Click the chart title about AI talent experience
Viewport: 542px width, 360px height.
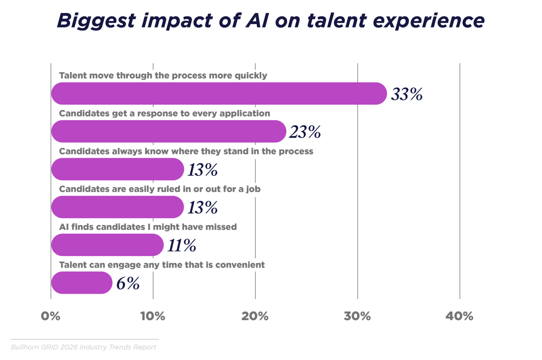[271, 20]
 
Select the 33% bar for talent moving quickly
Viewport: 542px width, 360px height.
[219, 93]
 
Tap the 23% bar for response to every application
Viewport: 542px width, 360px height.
[169, 131]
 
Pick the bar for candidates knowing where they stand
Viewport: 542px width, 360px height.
[117, 169]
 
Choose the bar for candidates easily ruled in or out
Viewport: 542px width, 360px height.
[117, 207]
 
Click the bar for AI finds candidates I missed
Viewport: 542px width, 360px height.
[107, 245]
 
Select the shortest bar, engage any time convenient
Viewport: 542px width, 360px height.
[82, 283]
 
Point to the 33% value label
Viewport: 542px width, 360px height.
[406, 94]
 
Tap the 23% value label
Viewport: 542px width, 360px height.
[305, 132]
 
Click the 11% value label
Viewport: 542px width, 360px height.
[181, 246]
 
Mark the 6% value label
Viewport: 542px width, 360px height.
[128, 284]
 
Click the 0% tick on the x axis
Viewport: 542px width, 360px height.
[51, 316]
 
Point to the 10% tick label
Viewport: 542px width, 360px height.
[153, 316]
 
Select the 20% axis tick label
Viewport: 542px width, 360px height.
[255, 316]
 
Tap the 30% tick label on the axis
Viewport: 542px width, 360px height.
[357, 316]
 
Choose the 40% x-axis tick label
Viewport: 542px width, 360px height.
[460, 316]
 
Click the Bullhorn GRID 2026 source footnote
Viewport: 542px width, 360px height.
[83, 347]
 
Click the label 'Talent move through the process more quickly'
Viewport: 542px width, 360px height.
[163, 75]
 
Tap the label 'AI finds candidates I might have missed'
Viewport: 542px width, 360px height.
[148, 227]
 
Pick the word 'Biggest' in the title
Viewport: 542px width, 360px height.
[96, 20]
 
